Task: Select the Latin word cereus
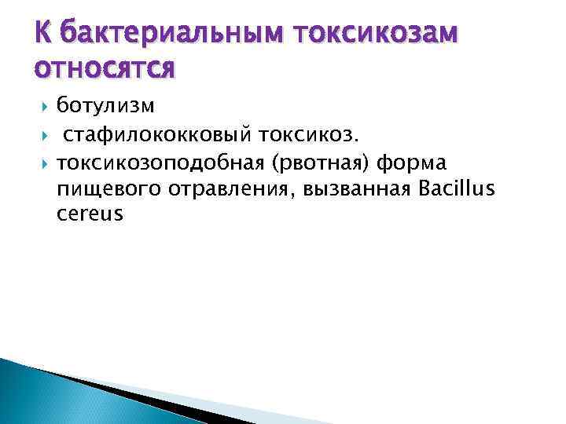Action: (x=90, y=214)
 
